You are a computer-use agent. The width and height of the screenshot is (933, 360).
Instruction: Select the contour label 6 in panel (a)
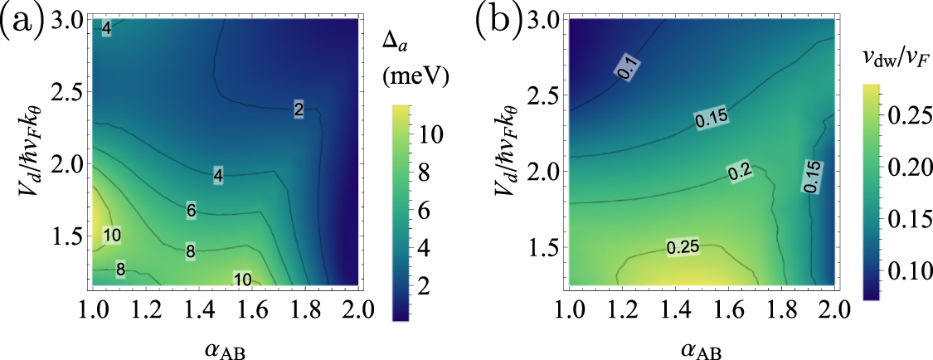191,211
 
